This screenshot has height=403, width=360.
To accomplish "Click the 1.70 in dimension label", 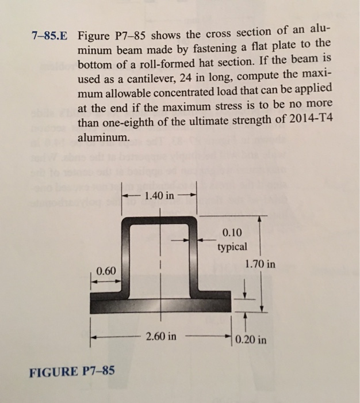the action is click(259, 265).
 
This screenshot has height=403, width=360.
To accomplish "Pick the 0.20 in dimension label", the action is click(251, 339).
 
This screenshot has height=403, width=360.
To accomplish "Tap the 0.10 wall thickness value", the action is click(232, 233).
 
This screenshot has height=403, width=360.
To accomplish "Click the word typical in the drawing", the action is click(232, 247).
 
